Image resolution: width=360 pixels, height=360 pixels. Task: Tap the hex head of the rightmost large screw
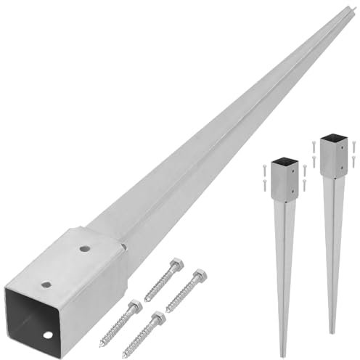198,277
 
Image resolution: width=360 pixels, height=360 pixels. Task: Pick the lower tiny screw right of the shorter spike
306,184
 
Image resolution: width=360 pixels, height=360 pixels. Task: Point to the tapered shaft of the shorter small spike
283,269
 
